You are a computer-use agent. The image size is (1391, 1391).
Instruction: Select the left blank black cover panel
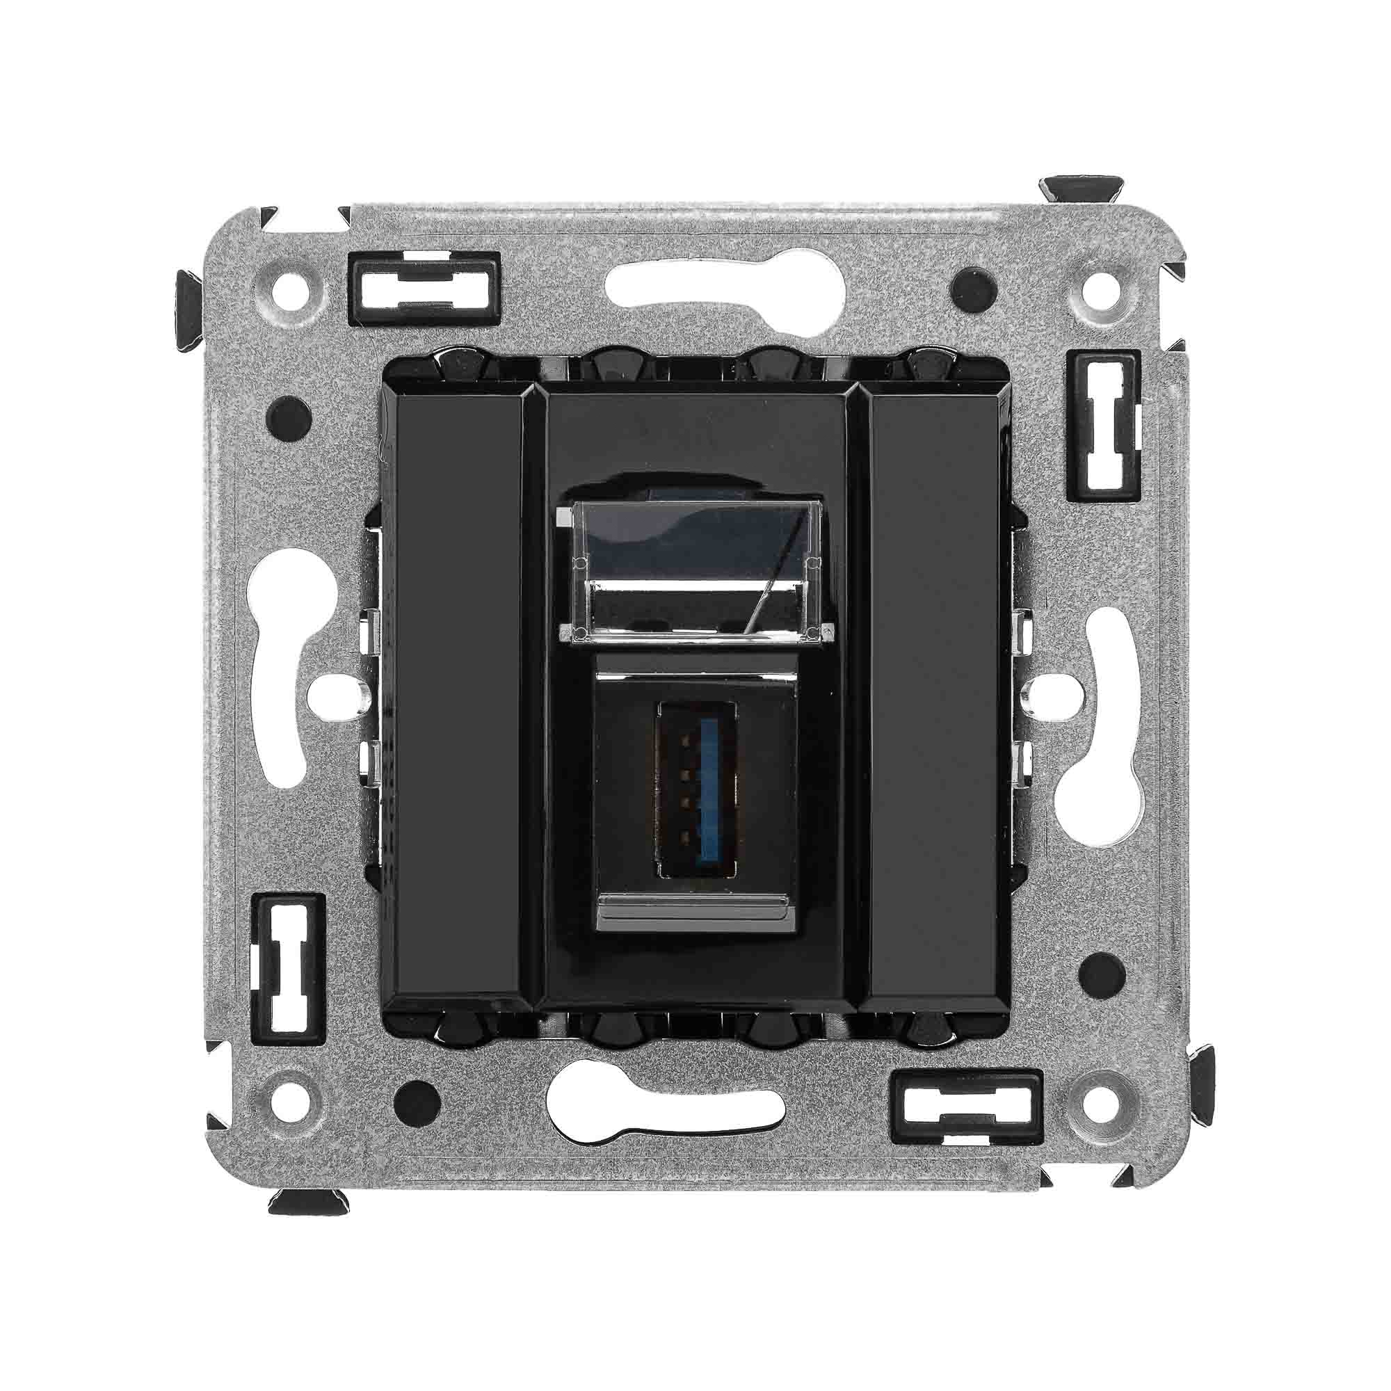(458, 696)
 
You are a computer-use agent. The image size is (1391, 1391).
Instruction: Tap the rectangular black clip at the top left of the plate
(424, 287)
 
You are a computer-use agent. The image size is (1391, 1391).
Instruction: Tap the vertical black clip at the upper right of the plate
(1105, 425)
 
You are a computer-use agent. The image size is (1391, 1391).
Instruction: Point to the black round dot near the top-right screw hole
(972, 286)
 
